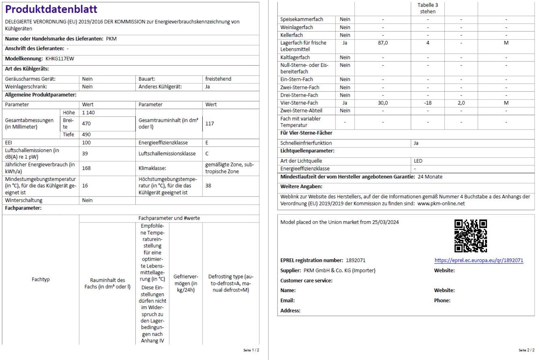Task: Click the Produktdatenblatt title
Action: point(51,9)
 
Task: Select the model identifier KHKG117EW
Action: point(60,58)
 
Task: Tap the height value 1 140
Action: point(88,112)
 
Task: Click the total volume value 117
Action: point(210,123)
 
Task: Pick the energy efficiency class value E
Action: point(207,142)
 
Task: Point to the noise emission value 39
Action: point(85,153)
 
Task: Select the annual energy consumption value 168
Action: point(86,168)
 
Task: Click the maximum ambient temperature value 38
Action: point(208,185)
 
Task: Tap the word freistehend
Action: point(218,79)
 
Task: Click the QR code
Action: point(470,236)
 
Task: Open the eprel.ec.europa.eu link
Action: point(478,260)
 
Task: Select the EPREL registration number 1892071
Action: point(356,260)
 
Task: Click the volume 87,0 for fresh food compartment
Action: point(383,43)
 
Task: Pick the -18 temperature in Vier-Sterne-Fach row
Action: point(427,103)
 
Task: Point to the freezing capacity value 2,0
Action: point(461,103)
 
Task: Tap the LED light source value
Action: point(418,161)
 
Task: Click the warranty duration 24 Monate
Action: point(430,177)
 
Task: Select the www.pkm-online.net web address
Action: point(441,203)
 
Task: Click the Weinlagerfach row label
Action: point(296,27)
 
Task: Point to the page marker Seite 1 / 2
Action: point(251,350)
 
